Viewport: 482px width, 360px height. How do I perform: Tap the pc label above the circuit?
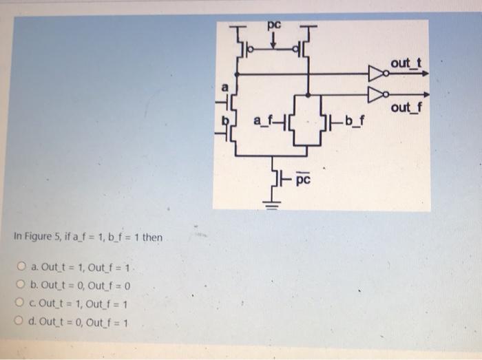pyautogui.click(x=275, y=25)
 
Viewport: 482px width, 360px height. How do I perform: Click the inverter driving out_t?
pyautogui.click(x=377, y=72)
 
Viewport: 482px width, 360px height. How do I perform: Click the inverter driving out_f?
pyautogui.click(x=377, y=94)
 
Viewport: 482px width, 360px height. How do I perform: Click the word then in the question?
pyautogui.click(x=151, y=237)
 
